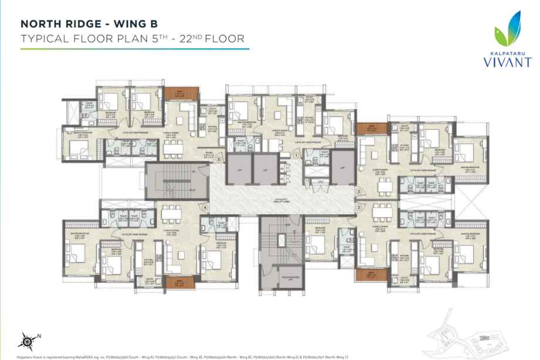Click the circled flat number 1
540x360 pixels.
[x=297, y=154]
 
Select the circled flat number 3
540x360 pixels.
[x=359, y=207]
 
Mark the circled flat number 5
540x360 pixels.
[x=218, y=159]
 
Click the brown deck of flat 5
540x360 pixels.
[x=174, y=93]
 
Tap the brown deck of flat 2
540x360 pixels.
[x=367, y=129]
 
